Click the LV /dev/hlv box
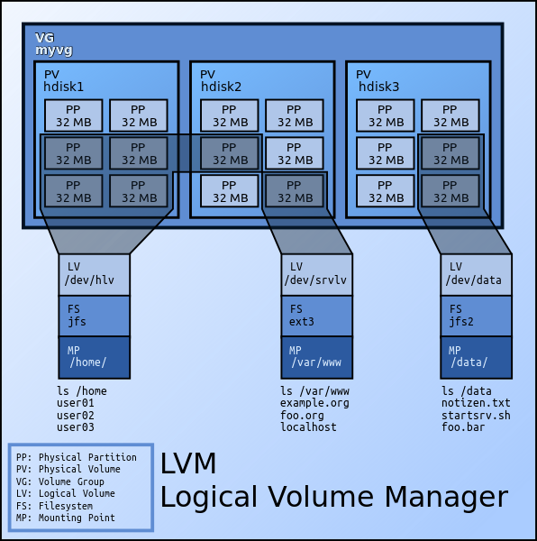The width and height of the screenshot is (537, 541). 94,274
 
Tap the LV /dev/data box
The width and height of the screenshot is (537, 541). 476,274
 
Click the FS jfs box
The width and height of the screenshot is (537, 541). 94,316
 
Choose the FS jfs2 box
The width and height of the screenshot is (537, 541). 476,316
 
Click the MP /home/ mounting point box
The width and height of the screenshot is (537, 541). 94,357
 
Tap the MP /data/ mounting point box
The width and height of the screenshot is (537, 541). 476,357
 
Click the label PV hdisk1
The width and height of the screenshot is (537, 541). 63,81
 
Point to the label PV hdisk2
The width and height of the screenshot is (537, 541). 220,81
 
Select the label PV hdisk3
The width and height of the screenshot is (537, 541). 378,81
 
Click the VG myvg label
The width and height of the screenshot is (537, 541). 53,44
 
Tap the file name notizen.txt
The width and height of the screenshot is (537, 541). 476,403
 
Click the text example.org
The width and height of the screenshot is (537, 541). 314,403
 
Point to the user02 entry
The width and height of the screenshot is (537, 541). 76,415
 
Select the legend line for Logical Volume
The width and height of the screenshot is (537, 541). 66,493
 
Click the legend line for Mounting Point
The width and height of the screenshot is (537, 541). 65,518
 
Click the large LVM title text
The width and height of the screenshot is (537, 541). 188,463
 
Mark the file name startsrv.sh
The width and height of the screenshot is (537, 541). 476,415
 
